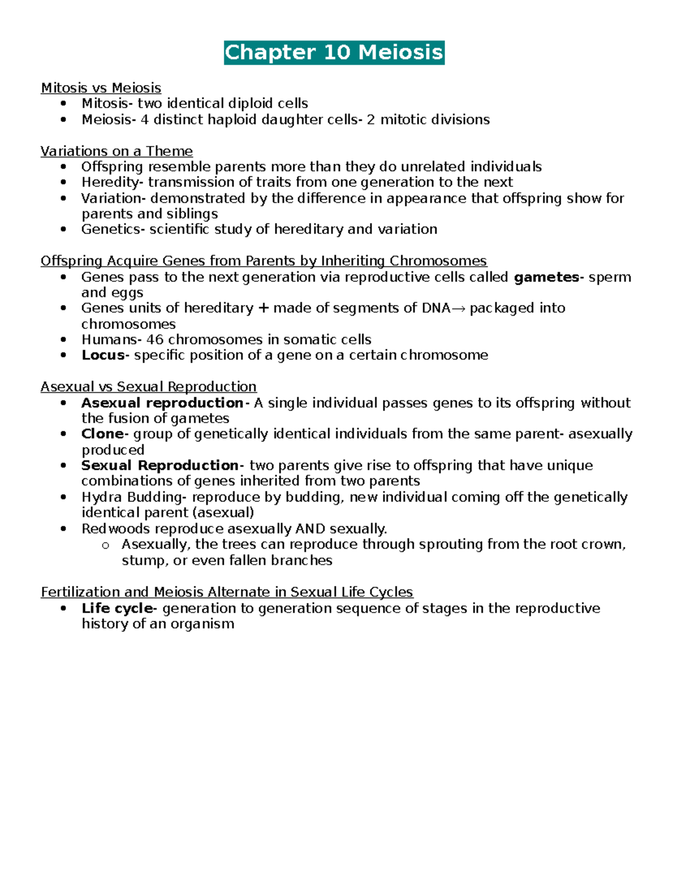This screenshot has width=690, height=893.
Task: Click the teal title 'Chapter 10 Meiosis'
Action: pyautogui.click(x=334, y=52)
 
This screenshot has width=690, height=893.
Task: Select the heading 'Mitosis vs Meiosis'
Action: pyautogui.click(x=101, y=88)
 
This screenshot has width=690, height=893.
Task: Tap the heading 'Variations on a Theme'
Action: pyautogui.click(x=116, y=151)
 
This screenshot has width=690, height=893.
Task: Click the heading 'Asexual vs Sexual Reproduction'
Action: pyautogui.click(x=148, y=386)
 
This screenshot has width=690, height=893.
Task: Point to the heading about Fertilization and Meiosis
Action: pyautogui.click(x=227, y=592)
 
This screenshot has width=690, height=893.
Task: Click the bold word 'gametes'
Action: pyautogui.click(x=547, y=277)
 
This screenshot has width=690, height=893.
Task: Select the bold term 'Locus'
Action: pyautogui.click(x=103, y=355)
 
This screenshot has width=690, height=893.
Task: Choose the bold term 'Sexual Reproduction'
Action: pyautogui.click(x=159, y=465)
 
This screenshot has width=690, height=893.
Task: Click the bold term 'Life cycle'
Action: pyautogui.click(x=117, y=608)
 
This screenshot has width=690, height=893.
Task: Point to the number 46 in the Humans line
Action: pyautogui.click(x=155, y=340)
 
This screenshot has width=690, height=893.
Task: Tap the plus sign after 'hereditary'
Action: pyautogui.click(x=263, y=308)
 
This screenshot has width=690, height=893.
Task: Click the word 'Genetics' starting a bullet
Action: pyautogui.click(x=112, y=229)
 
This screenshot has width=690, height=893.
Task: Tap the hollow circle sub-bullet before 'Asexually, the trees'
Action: pyautogui.click(x=105, y=545)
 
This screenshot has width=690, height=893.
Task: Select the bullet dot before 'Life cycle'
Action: pyautogui.click(x=64, y=608)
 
